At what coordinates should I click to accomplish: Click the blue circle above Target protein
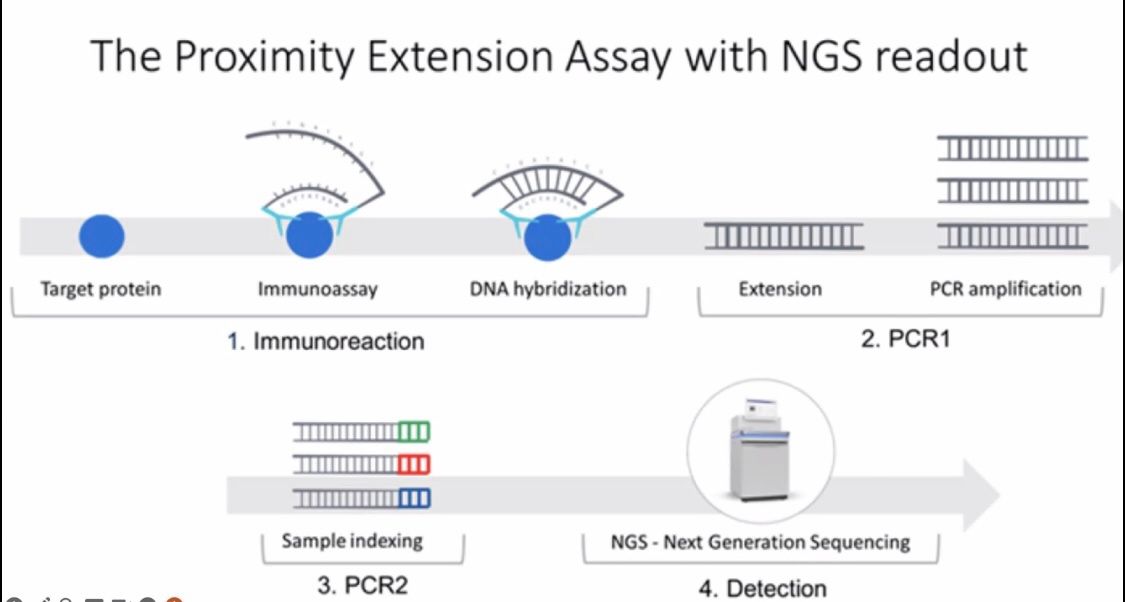(x=102, y=236)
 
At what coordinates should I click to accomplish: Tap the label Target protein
(x=100, y=289)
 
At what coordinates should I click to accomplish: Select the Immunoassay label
(x=318, y=289)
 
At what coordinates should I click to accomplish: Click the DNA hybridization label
(x=548, y=288)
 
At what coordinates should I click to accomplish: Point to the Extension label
(x=780, y=288)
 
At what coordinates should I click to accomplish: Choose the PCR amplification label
(x=1005, y=288)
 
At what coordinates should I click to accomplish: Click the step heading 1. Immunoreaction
(x=326, y=341)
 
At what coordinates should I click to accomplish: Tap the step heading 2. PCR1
(x=905, y=337)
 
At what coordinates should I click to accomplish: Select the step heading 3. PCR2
(x=362, y=585)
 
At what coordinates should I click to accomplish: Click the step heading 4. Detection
(x=762, y=588)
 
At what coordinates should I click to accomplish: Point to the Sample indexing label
(x=352, y=540)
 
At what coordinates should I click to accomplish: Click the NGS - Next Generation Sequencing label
(x=760, y=541)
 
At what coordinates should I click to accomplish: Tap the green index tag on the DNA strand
(x=413, y=432)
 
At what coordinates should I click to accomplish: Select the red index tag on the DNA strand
(x=413, y=464)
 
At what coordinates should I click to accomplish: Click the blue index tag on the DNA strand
(x=413, y=497)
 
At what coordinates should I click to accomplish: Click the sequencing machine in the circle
(x=761, y=448)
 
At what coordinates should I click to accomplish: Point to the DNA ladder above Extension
(x=783, y=235)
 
